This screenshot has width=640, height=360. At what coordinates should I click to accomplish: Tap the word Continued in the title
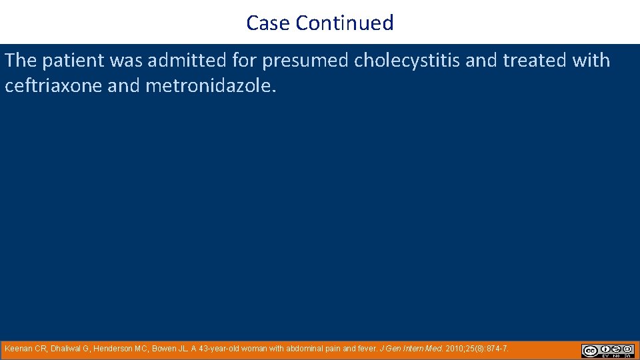pos(345,23)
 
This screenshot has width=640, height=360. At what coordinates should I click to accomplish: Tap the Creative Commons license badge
pos(607,351)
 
